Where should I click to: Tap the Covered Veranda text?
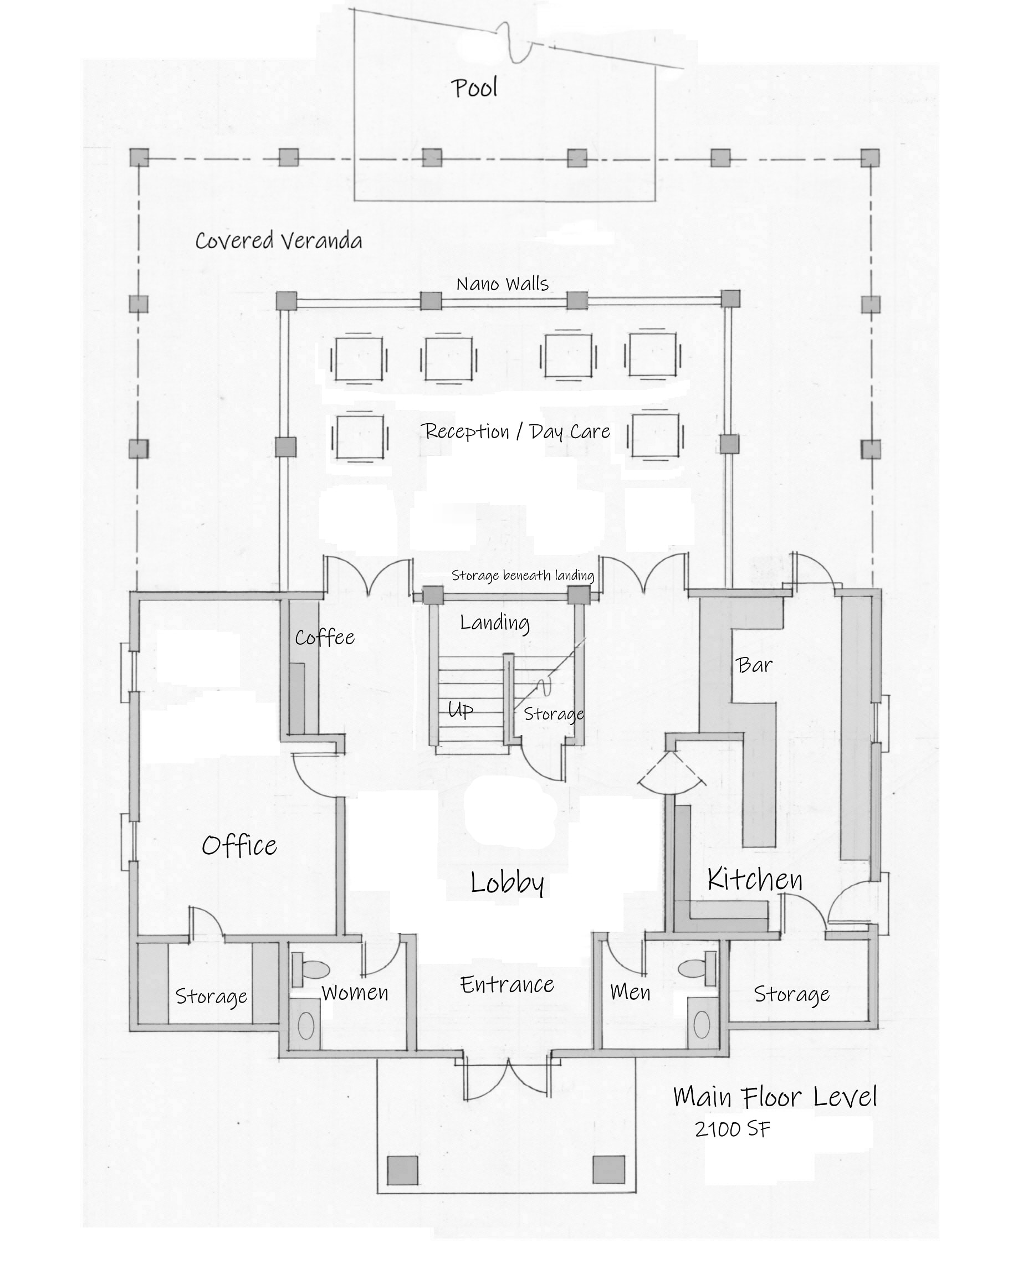[278, 240]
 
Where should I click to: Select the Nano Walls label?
[502, 284]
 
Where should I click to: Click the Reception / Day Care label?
[515, 431]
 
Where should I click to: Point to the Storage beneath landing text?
[523, 575]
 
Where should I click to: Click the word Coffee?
[325, 637]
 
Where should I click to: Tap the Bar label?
[755, 665]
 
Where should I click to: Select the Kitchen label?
[755, 880]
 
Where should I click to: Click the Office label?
[239, 846]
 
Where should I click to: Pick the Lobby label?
[507, 883]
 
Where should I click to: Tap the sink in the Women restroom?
[306, 1025]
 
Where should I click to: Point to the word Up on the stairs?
[460, 710]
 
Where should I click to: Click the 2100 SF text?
[732, 1129]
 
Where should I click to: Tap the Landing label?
[495, 622]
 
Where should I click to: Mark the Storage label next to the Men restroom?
[791, 994]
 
